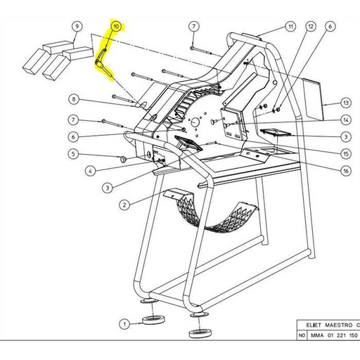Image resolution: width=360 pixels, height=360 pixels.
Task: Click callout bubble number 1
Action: pyautogui.click(x=124, y=324)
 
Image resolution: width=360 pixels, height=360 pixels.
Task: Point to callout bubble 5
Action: pyautogui.click(x=72, y=154)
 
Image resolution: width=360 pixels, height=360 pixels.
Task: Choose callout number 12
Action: pyautogui.click(x=310, y=27)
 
